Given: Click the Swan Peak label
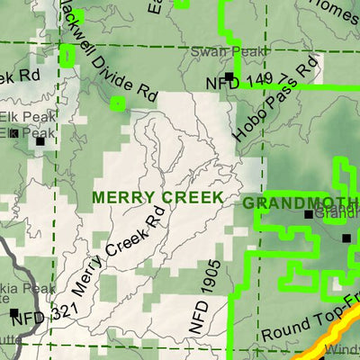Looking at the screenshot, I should [x=216, y=52].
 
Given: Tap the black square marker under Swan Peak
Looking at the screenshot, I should [x=232, y=76].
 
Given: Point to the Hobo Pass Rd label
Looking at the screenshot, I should [x=276, y=97].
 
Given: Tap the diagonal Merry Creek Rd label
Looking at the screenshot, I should [x=114, y=251].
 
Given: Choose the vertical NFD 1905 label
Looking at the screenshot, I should [x=200, y=305].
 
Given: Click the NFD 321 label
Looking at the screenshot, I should [x=45, y=313].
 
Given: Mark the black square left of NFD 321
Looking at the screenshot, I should [x=14, y=313].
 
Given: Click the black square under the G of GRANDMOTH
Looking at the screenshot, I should [x=308, y=214].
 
